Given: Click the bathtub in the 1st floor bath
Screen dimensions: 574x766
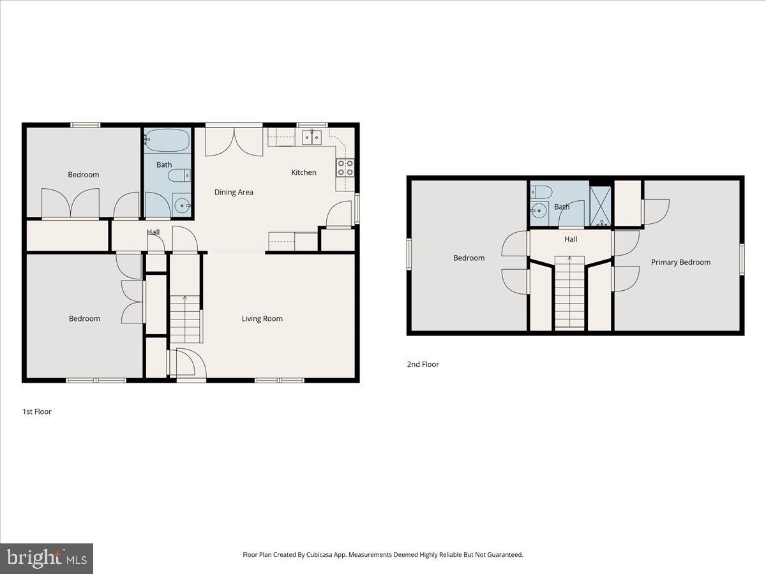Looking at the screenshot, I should coord(167,140).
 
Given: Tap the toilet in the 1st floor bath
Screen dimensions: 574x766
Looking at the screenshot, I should coord(179,175).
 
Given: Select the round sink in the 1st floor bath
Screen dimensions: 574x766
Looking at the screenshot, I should coord(182,205).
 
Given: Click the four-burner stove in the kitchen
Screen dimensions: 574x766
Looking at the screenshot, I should coord(345,168).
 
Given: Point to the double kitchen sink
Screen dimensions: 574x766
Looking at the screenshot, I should coord(312,137).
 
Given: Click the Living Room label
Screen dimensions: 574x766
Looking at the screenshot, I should coord(262,318).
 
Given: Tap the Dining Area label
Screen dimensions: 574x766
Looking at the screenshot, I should coord(234,192).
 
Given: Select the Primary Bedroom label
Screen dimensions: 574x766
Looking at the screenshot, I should coord(680,262).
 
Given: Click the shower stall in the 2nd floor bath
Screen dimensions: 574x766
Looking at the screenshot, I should coord(600,205).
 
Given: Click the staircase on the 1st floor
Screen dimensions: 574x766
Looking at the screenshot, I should coord(185,319).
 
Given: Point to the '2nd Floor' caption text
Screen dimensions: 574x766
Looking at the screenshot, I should coord(423,364).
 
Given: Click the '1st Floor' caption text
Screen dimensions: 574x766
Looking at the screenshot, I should coord(37,411).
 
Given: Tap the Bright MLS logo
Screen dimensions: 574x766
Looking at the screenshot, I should coord(47,558).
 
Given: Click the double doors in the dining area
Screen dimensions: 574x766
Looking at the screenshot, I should coord(234,142).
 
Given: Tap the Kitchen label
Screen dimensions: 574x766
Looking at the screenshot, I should coord(304,172).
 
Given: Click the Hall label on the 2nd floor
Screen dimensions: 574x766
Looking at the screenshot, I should coord(571,239).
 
